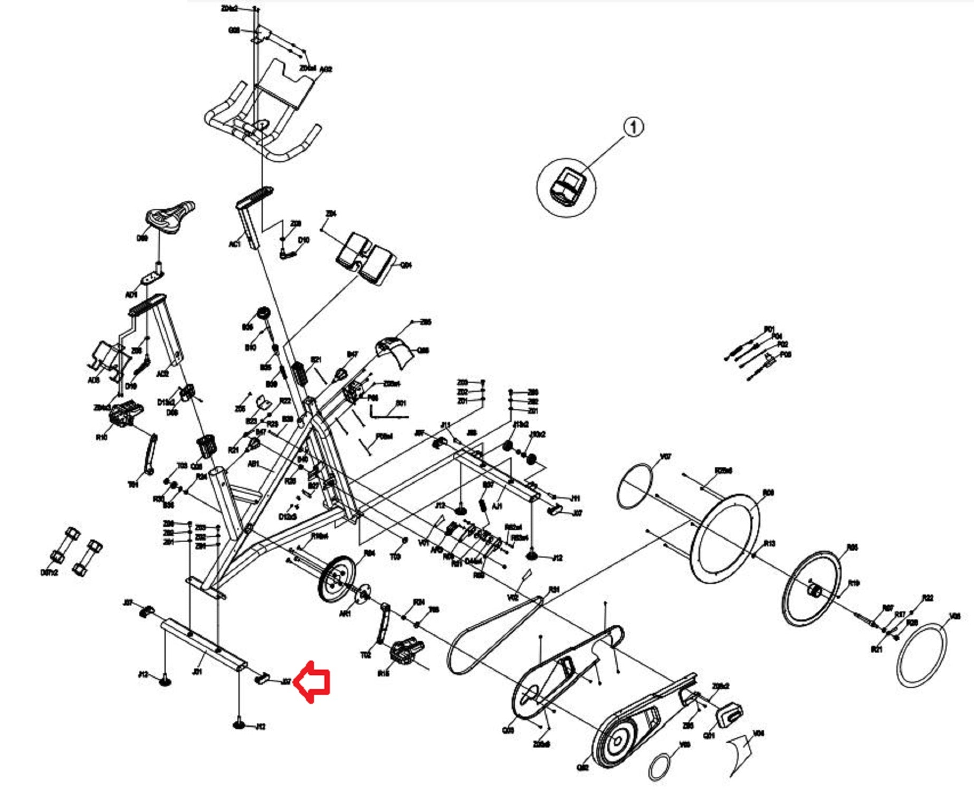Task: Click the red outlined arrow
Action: (x=312, y=682)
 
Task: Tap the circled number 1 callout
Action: (x=634, y=127)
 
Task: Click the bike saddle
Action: (x=170, y=217)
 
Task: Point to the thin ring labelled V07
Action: (x=635, y=486)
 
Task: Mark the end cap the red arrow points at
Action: (x=262, y=677)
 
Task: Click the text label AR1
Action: (x=345, y=614)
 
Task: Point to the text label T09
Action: (x=395, y=557)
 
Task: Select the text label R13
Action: (x=770, y=543)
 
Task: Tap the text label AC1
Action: (x=234, y=244)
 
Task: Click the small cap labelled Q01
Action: (x=729, y=714)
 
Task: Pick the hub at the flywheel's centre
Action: (x=815, y=589)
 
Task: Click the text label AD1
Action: (x=131, y=294)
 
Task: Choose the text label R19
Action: (x=854, y=583)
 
